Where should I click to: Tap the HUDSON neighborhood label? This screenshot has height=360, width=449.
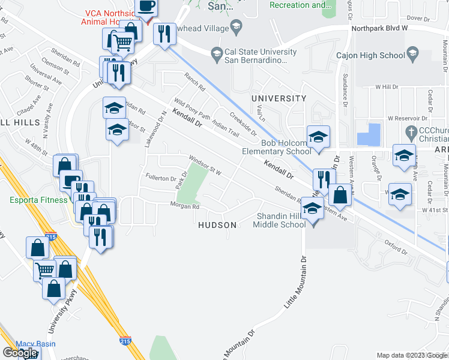coord(217,224)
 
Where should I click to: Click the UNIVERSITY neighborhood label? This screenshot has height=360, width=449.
coord(279,98)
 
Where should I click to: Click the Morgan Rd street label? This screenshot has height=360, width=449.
coord(187,207)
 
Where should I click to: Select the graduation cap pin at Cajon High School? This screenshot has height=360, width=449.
coord(412,55)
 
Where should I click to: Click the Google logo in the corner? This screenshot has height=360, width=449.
coord(20,353)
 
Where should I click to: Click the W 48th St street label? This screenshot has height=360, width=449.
coord(36,148)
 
